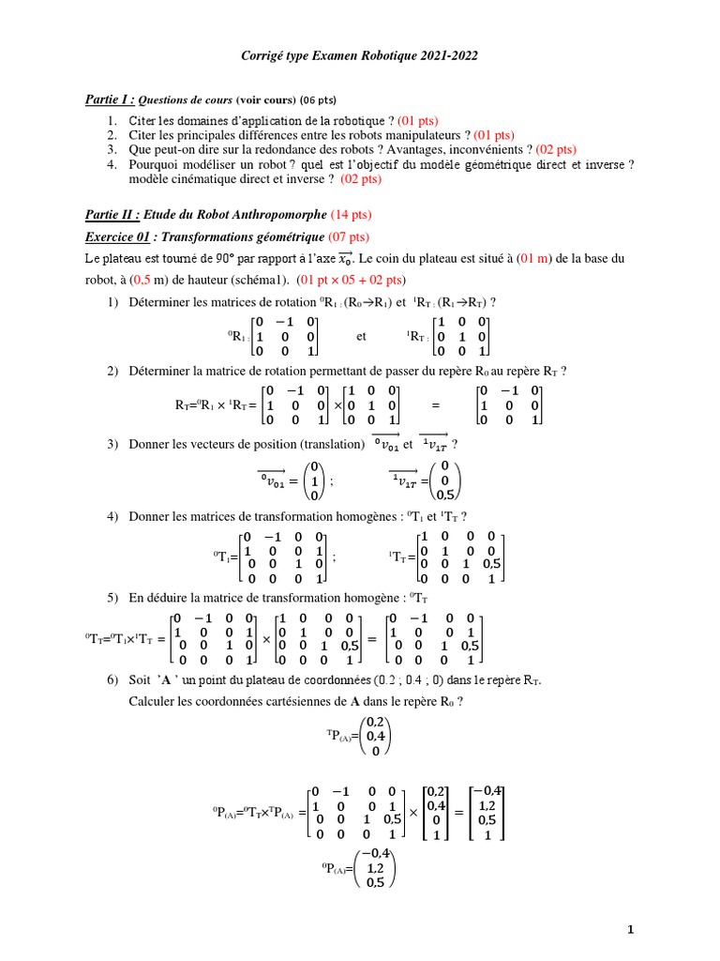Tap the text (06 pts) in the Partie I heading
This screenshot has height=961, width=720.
tap(318, 100)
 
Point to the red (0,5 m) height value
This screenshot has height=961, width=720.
tap(138, 280)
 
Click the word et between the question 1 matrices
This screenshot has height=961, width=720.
tap(362, 336)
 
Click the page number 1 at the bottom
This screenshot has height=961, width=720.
tap(631, 930)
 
